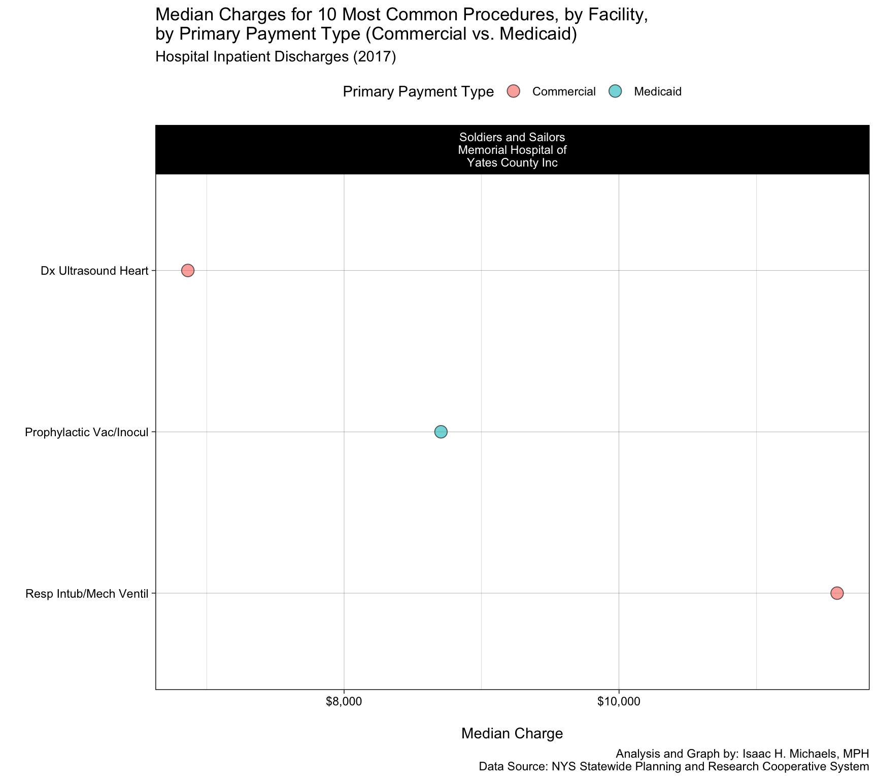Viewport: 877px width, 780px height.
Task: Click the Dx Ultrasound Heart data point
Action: (188, 270)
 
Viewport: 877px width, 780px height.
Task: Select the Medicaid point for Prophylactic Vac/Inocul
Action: (441, 432)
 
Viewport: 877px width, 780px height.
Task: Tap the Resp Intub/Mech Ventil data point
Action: (837, 593)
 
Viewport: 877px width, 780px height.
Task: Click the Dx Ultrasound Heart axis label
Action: (94, 271)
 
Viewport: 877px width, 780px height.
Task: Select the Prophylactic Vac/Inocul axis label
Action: (86, 432)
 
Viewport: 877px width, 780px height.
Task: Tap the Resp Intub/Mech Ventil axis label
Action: (86, 593)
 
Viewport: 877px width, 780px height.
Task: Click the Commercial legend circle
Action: (514, 91)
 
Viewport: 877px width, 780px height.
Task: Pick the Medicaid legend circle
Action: (615, 91)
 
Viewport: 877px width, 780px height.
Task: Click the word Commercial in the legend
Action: (564, 92)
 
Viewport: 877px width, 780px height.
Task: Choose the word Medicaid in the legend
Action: (658, 92)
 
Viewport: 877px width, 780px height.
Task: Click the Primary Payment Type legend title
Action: (418, 92)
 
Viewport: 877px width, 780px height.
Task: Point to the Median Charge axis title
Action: (512, 733)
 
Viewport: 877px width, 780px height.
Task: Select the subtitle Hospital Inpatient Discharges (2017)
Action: (276, 57)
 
